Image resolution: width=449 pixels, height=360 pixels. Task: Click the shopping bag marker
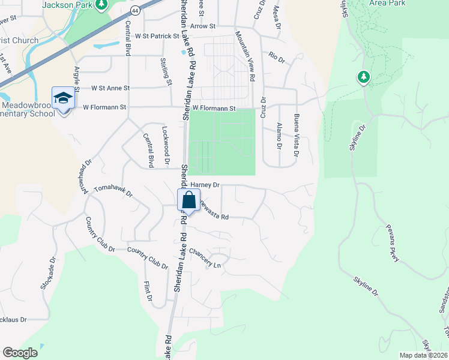(188, 200)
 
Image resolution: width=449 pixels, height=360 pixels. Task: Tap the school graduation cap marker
(63, 97)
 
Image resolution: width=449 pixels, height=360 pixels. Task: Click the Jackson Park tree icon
(101, 5)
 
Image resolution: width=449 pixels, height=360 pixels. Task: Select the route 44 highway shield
(137, 11)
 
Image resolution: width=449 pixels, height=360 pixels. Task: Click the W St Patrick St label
(157, 36)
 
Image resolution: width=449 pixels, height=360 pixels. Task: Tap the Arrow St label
(202, 26)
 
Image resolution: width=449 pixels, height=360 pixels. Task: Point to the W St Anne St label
(110, 88)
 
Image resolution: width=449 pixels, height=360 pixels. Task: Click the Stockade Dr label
(49, 275)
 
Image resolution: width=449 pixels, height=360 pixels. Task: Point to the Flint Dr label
(147, 291)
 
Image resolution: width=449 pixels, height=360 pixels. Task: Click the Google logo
(20, 353)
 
